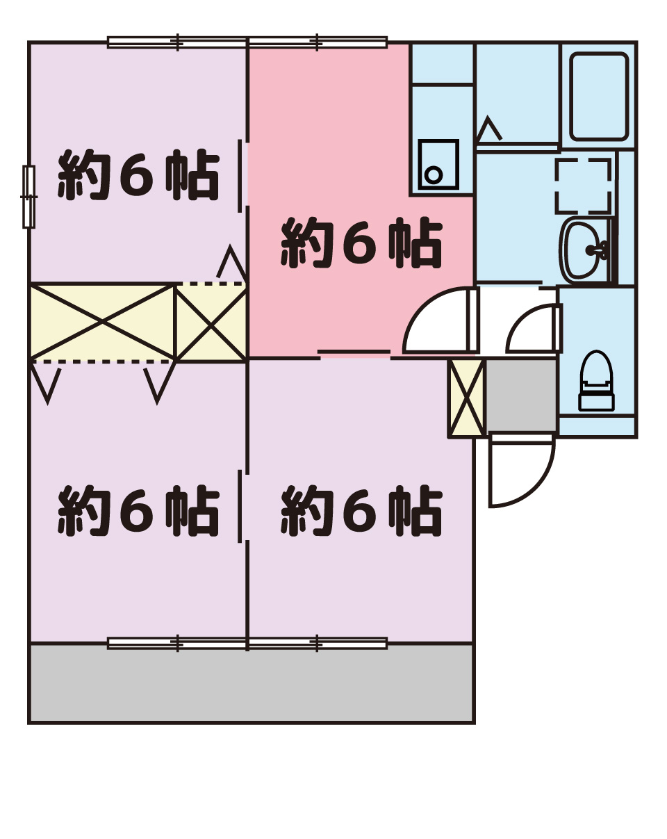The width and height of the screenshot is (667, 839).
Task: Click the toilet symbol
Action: tap(595, 380)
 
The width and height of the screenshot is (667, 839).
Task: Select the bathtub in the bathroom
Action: tap(599, 97)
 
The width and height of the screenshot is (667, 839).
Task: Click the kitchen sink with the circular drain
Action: tap(438, 165)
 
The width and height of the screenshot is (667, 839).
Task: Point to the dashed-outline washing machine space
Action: tap(583, 186)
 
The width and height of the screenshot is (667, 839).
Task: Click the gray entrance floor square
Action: tap(520, 396)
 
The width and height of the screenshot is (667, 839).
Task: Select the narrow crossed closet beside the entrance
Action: tap(467, 398)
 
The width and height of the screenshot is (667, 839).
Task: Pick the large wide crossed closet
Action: tap(102, 321)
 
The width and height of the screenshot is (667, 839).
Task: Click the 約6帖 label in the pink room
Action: tap(362, 243)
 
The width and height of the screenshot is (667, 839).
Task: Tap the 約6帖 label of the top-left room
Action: tap(139, 174)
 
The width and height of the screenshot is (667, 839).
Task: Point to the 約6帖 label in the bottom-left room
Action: tap(139, 511)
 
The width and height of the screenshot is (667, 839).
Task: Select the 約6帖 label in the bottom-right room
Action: tap(362, 511)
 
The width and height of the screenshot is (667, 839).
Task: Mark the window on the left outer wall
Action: tap(29, 197)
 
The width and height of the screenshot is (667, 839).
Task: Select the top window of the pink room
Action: tap(318, 42)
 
